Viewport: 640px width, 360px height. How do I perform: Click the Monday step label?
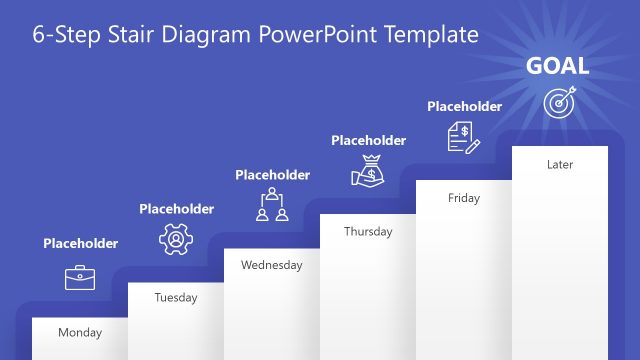coord(80,332)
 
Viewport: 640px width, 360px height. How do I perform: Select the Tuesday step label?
coord(176,297)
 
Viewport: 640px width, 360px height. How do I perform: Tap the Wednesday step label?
coord(271,265)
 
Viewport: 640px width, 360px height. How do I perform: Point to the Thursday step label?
coord(368,231)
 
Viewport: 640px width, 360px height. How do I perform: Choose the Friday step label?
coord(463,198)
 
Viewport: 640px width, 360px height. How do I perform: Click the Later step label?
coord(560,164)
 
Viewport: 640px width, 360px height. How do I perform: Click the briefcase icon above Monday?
coord(79,277)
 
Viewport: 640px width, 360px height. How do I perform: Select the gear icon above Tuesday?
coord(175,239)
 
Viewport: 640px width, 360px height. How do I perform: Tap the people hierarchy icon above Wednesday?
coord(271,204)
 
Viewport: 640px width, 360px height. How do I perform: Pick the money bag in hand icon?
coord(367,171)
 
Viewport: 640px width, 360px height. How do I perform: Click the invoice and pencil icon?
coord(464,136)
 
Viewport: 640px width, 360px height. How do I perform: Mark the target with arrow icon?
coord(559,102)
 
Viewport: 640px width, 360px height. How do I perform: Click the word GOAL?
coord(558,67)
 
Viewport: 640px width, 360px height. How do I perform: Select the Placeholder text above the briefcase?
coord(80,243)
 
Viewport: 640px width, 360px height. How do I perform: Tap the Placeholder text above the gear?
coord(176,209)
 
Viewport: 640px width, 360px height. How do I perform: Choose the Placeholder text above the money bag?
coord(368,141)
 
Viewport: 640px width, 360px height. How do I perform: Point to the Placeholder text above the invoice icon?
coord(464,106)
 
